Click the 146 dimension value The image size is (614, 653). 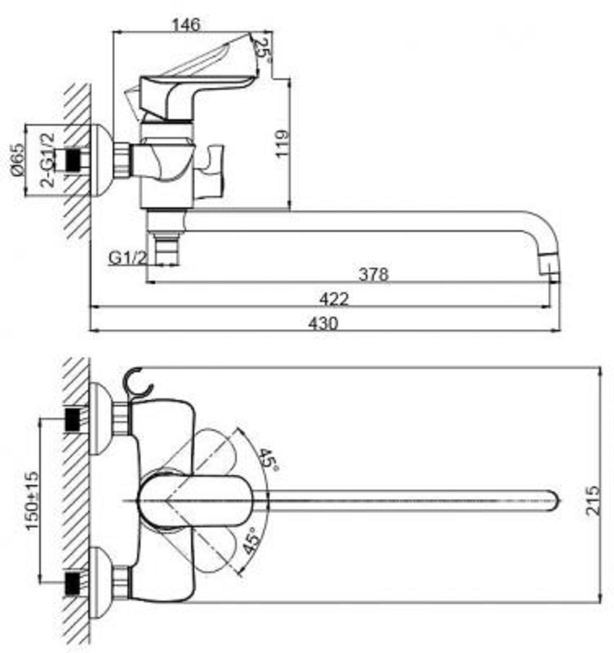click(x=186, y=24)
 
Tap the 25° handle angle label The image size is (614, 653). click(x=264, y=51)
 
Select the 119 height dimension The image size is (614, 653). click(x=282, y=144)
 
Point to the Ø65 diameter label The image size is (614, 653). click(x=17, y=159)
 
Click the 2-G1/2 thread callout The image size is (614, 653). click(x=47, y=160)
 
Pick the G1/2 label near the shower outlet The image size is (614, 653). click(x=128, y=258)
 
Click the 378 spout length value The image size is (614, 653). click(x=374, y=274)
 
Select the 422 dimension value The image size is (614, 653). click(x=334, y=299)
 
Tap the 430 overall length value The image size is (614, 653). click(x=323, y=323)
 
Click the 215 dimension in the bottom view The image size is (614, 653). click(x=593, y=500)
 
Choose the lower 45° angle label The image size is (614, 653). click(x=251, y=541)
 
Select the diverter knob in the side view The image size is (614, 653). click(x=210, y=171)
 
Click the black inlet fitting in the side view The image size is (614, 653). click(x=73, y=159)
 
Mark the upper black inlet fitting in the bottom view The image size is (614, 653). click(x=73, y=420)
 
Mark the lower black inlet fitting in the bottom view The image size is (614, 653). click(x=73, y=583)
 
